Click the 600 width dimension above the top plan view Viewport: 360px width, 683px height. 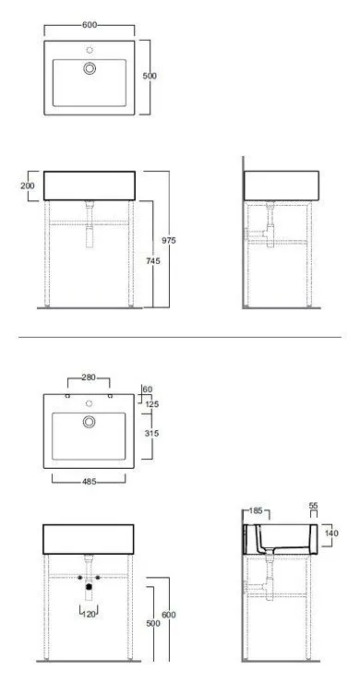[90, 25]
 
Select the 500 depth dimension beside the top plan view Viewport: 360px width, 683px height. [150, 76]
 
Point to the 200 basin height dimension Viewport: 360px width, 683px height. [28, 186]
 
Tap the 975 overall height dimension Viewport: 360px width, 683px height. [169, 240]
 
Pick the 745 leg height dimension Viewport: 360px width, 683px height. [153, 261]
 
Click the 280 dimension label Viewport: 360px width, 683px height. [89, 377]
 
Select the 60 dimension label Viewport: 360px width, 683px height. [148, 389]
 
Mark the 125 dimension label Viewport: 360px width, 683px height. [151, 404]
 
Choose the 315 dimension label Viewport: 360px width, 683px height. [151, 434]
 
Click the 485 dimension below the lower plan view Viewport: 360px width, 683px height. [89, 482]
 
